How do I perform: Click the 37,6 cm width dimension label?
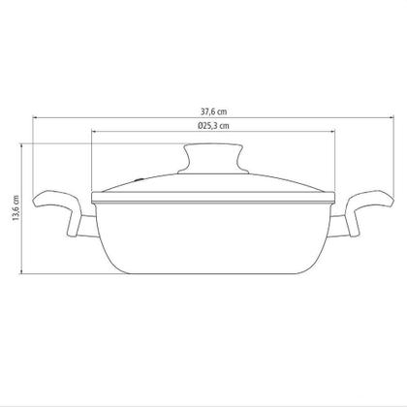[x=214, y=111]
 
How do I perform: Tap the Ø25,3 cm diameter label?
[x=213, y=126]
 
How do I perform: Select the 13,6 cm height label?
[x=16, y=208]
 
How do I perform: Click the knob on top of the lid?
[x=213, y=159]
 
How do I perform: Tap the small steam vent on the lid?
[x=140, y=178]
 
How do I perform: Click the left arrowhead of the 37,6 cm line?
[x=34, y=118]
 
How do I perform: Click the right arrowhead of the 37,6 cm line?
[x=392, y=118]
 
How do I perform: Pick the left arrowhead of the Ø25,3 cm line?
[x=94, y=132]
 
